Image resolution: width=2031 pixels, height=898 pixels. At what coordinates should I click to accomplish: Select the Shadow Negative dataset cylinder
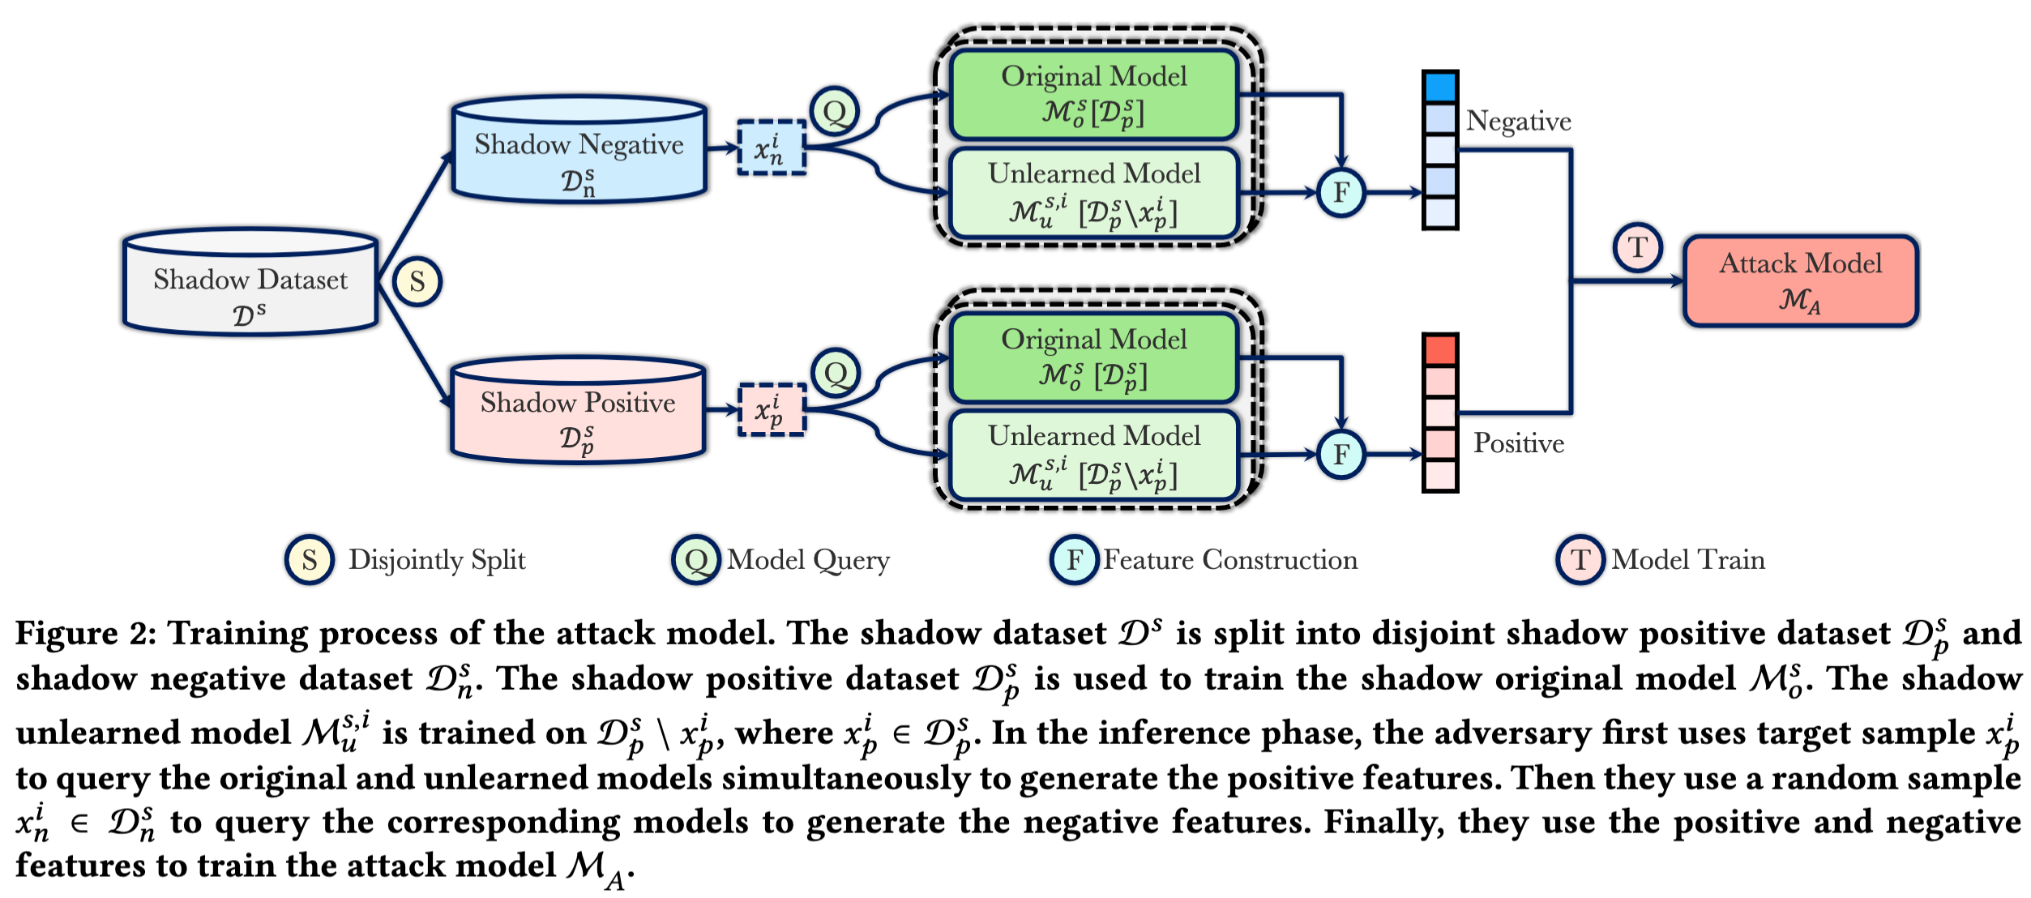point(579,151)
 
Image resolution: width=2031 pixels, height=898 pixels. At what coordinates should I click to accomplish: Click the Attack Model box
point(1800,281)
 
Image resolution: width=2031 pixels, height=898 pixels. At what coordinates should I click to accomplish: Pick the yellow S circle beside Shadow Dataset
point(417,282)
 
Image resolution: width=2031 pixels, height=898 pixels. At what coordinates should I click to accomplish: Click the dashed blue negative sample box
point(772,148)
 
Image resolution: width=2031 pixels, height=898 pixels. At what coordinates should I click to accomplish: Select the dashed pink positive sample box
point(772,410)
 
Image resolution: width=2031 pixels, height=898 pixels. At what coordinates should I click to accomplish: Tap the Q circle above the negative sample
point(835,111)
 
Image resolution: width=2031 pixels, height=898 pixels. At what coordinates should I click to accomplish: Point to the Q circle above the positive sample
point(836,373)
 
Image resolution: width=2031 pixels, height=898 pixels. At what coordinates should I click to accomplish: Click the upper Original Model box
point(1094,95)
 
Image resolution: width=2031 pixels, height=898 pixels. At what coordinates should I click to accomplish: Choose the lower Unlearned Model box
point(1094,455)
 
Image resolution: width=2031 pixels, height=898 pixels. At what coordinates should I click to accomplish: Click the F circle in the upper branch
point(1341,193)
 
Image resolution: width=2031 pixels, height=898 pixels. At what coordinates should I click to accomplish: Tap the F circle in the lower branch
point(1341,455)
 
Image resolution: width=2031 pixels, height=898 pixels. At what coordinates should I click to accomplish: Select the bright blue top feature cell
point(1440,87)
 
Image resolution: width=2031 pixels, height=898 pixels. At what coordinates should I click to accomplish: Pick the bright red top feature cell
point(1440,349)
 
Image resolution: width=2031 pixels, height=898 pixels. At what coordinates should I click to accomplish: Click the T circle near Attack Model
point(1638,247)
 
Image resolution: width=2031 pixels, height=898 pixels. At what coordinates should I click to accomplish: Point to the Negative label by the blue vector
point(1518,122)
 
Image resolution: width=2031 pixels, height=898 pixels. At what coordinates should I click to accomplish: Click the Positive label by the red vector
point(1518,443)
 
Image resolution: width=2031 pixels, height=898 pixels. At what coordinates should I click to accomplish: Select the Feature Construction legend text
point(1229,560)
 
